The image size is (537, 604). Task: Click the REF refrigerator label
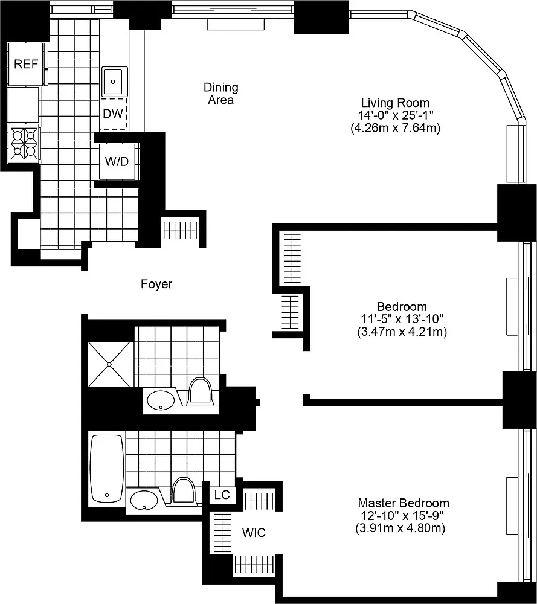coord(26,63)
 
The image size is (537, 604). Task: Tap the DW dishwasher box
coord(113,114)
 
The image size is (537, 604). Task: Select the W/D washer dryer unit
coord(117,161)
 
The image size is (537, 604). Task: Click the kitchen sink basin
coord(114,82)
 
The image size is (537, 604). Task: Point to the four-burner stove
coord(24,144)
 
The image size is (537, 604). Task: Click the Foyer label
coord(156,284)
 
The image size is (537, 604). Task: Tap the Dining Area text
coord(220,94)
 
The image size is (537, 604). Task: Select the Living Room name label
coord(395,103)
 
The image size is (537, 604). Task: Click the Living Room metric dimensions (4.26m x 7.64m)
coord(395,128)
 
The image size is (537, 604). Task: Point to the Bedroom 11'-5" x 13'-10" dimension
coord(402,319)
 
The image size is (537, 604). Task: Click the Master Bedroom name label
coord(404,503)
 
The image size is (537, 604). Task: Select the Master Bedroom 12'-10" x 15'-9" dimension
coord(402,515)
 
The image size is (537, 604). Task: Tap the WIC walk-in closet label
coord(254,533)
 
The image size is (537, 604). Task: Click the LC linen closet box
coord(222,495)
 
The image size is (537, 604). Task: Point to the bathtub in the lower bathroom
coord(107,469)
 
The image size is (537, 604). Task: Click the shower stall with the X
coord(109,364)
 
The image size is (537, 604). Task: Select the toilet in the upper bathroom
coord(201,391)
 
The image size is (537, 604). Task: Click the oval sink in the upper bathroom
coord(161,400)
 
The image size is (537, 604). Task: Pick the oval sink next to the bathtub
coord(144,500)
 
